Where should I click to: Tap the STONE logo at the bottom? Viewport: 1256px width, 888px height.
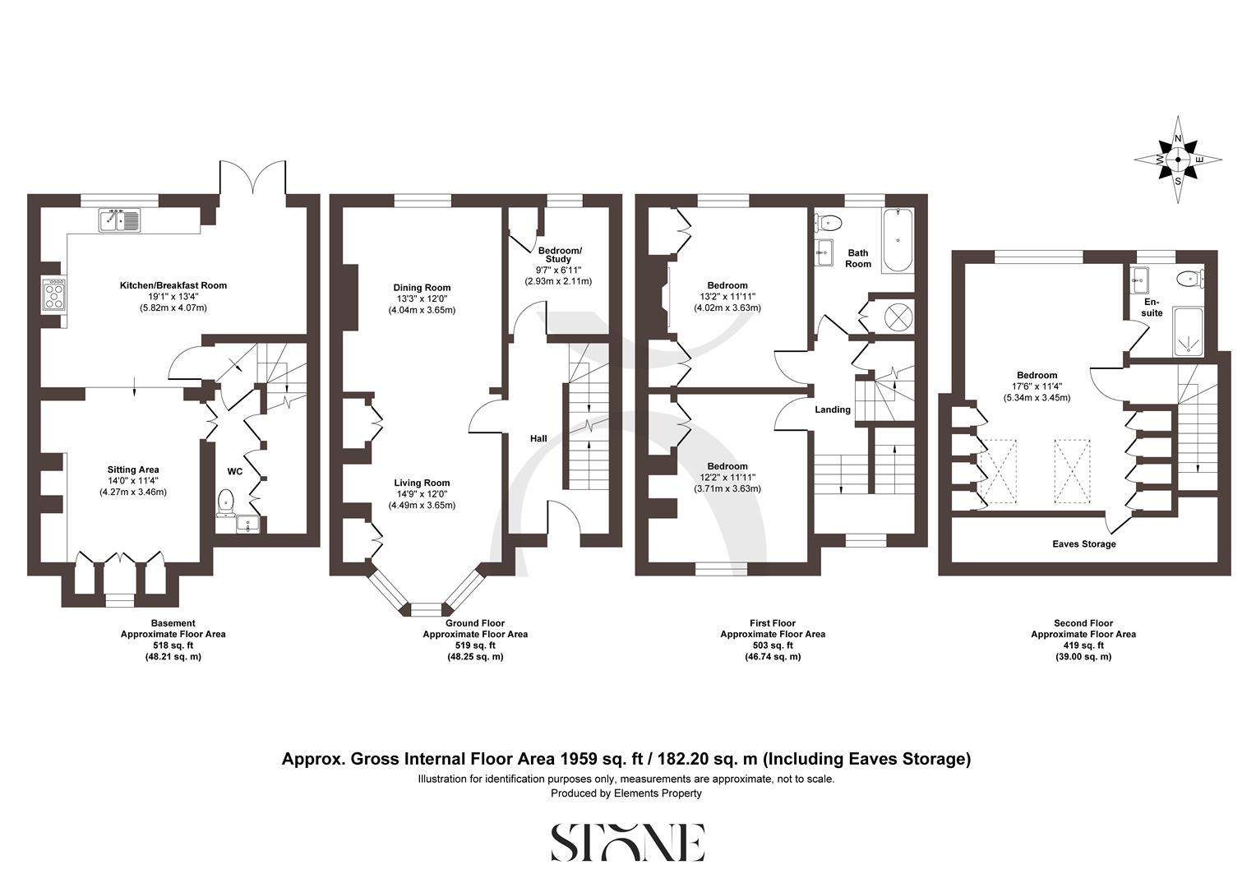point(627,842)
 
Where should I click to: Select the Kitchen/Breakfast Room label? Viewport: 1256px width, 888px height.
point(173,285)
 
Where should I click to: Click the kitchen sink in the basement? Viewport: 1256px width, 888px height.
point(120,220)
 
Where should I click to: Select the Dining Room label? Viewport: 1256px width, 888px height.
point(422,288)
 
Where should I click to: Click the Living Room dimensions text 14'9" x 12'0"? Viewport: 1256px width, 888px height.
point(422,494)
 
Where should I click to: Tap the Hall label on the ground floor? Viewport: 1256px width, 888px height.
point(538,439)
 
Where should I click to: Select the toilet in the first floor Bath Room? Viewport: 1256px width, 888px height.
point(829,222)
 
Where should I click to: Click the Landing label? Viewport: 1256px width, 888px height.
point(832,409)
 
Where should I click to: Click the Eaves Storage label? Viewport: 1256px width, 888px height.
point(1084,544)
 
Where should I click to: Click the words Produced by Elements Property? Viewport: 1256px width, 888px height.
point(626,793)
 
